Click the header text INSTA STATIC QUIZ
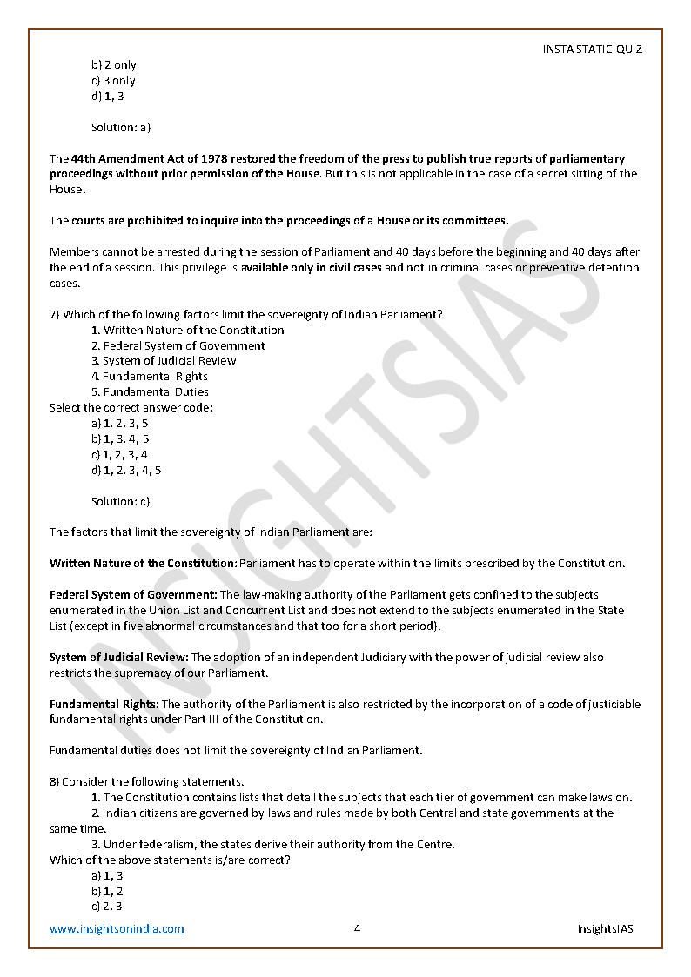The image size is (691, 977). (x=592, y=50)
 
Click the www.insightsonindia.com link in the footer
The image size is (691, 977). (x=117, y=928)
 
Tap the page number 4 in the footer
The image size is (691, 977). (x=357, y=928)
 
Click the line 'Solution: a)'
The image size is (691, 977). (x=121, y=127)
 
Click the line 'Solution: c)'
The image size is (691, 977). (x=121, y=501)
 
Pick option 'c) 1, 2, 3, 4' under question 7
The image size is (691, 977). (x=119, y=454)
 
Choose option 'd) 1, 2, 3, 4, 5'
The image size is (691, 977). (x=126, y=470)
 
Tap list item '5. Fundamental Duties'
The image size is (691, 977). (x=150, y=391)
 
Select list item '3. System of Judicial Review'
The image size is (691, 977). (x=164, y=360)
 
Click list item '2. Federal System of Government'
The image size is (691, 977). (x=178, y=345)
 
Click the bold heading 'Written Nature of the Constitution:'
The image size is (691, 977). (x=143, y=563)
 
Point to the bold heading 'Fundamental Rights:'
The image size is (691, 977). (x=104, y=704)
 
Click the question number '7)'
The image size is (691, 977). (x=54, y=314)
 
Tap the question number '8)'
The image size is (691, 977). (x=54, y=781)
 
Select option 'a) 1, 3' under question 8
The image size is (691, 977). (x=107, y=875)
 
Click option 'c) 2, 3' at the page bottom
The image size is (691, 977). (x=107, y=906)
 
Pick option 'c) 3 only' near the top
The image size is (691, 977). (x=113, y=81)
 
